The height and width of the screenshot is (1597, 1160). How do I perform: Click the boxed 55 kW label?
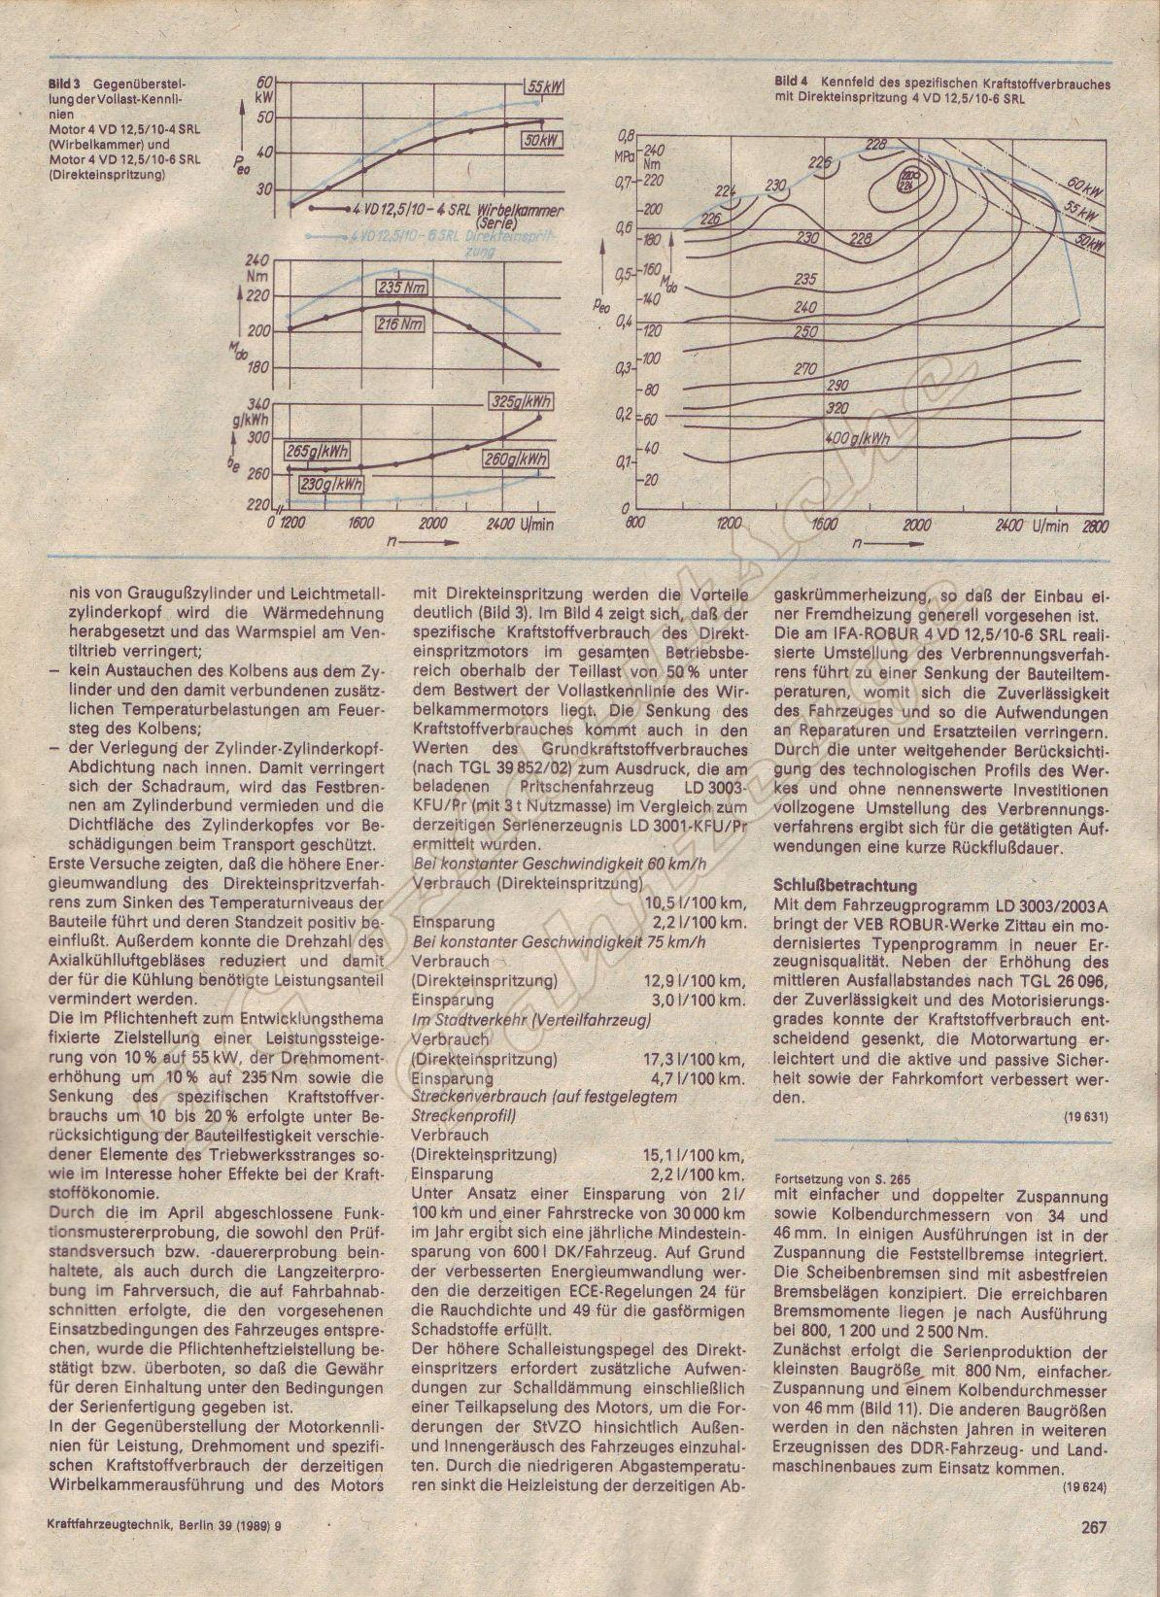pyautogui.click(x=546, y=86)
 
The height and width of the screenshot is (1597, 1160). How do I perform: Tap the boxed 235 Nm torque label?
pyautogui.click(x=404, y=288)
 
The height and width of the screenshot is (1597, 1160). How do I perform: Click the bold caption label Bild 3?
pyautogui.click(x=65, y=85)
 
